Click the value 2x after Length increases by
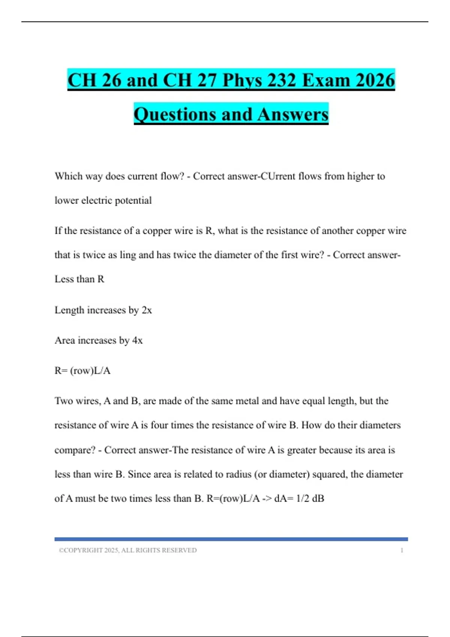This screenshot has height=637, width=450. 147,310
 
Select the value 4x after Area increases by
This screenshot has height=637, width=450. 137,341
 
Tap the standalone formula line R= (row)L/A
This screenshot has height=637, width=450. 82,371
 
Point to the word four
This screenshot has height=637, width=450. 159,425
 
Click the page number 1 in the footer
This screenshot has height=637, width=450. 402,550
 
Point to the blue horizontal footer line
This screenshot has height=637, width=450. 231,539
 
